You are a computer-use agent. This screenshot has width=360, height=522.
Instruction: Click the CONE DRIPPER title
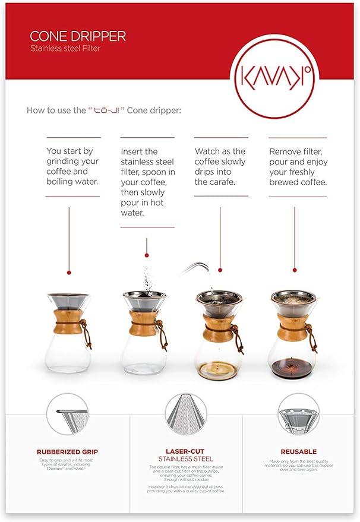click(78, 36)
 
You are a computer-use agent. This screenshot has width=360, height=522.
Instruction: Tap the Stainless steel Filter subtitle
click(65, 49)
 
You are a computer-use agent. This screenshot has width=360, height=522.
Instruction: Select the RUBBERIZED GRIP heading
click(67, 452)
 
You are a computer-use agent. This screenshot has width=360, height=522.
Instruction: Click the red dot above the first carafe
click(69, 273)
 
